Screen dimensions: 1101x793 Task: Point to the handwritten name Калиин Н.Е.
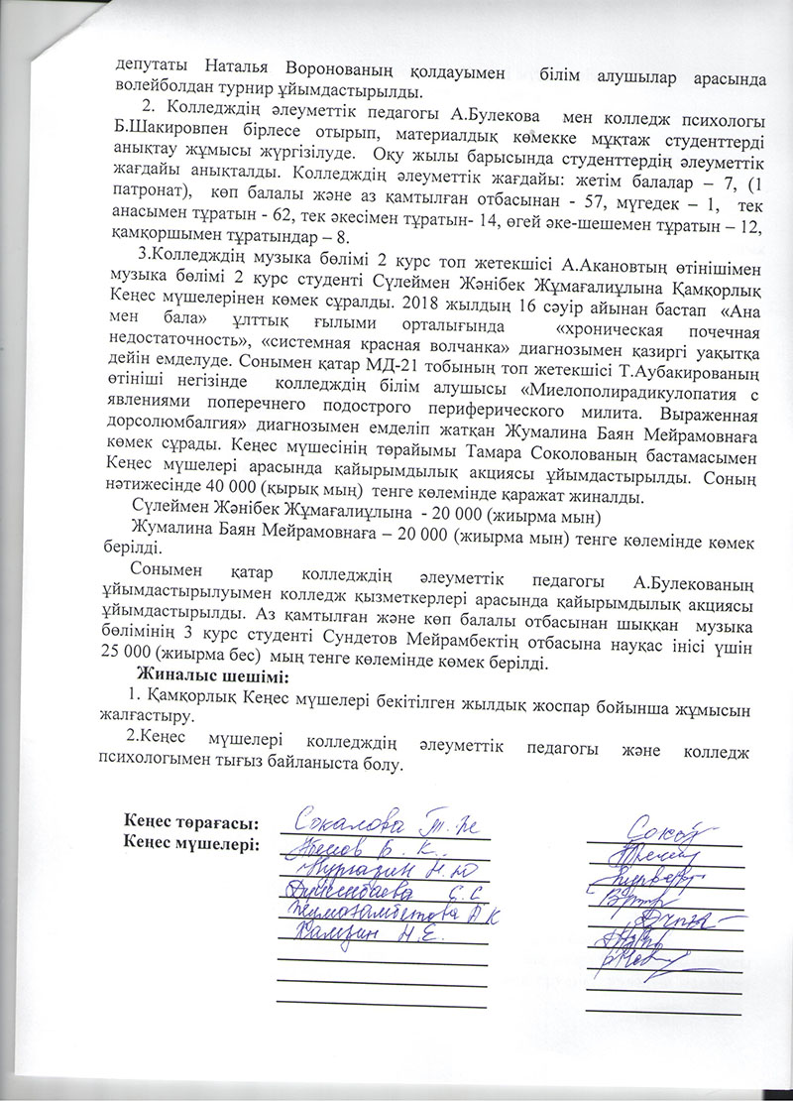(x=367, y=932)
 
